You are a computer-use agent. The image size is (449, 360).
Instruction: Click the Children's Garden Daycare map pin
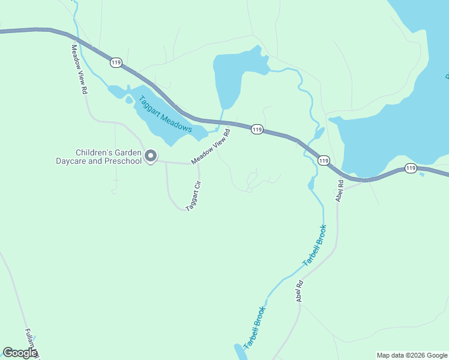(x=151, y=156)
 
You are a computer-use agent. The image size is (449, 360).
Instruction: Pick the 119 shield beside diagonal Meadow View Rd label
(x=257, y=130)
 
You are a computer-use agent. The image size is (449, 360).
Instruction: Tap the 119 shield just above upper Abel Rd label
(x=324, y=160)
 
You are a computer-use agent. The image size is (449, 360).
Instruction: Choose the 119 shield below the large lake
(x=411, y=168)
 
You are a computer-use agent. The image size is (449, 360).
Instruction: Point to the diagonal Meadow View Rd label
(x=211, y=146)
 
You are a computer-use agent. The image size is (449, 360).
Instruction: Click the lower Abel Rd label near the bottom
(x=298, y=292)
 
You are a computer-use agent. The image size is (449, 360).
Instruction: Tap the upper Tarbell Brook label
(x=315, y=245)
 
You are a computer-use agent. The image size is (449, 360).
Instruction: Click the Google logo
(x=20, y=353)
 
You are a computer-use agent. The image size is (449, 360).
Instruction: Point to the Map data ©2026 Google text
(x=412, y=355)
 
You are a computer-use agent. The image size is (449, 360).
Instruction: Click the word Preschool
(x=122, y=161)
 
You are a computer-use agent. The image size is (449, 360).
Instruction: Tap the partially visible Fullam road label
(x=30, y=344)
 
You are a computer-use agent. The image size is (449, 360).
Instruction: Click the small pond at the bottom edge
(x=238, y=353)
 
